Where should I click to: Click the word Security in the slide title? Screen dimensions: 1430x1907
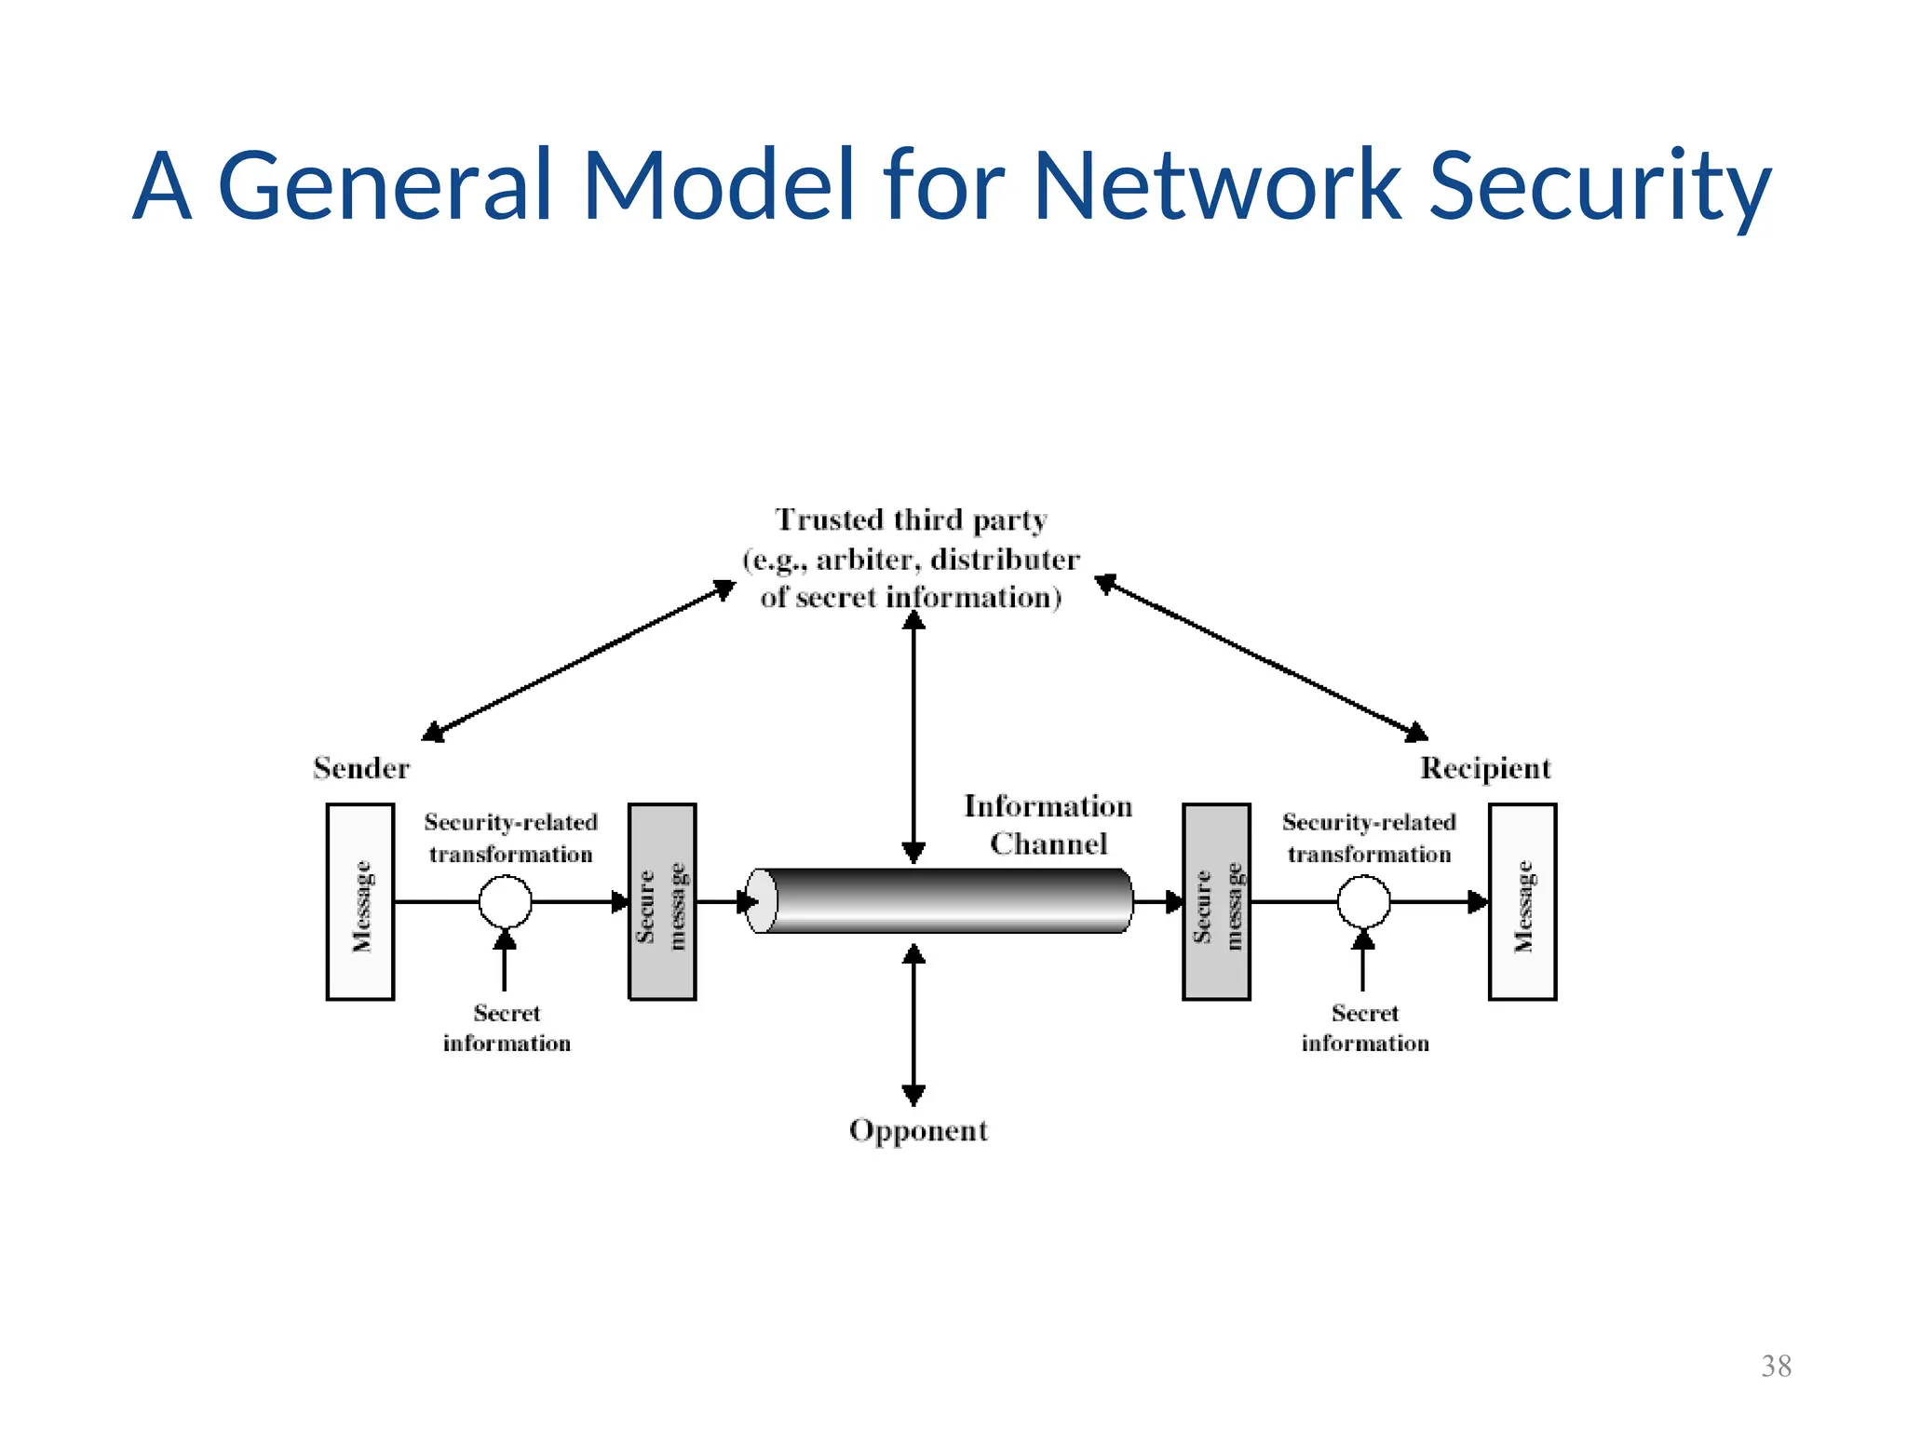1598,186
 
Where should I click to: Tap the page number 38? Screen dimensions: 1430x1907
1776,1366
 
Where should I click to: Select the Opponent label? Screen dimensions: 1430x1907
918,1130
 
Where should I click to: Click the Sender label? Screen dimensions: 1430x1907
361,768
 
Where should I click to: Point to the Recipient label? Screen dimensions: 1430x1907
1485,768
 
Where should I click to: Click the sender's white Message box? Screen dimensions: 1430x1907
360,902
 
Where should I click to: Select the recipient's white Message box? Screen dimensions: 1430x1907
1522,902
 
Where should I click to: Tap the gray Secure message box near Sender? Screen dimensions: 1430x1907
662,902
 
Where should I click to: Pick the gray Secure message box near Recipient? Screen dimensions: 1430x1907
1216,902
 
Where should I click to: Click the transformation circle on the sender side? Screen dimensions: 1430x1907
505,901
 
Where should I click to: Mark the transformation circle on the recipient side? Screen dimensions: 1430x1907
1363,901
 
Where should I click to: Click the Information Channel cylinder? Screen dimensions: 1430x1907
940,900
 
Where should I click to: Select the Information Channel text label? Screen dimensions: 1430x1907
1048,825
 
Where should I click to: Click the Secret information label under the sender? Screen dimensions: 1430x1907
507,1028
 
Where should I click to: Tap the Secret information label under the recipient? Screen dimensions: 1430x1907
1365,1028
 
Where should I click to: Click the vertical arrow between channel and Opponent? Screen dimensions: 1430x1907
913,1024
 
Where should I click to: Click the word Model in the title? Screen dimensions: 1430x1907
718,186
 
